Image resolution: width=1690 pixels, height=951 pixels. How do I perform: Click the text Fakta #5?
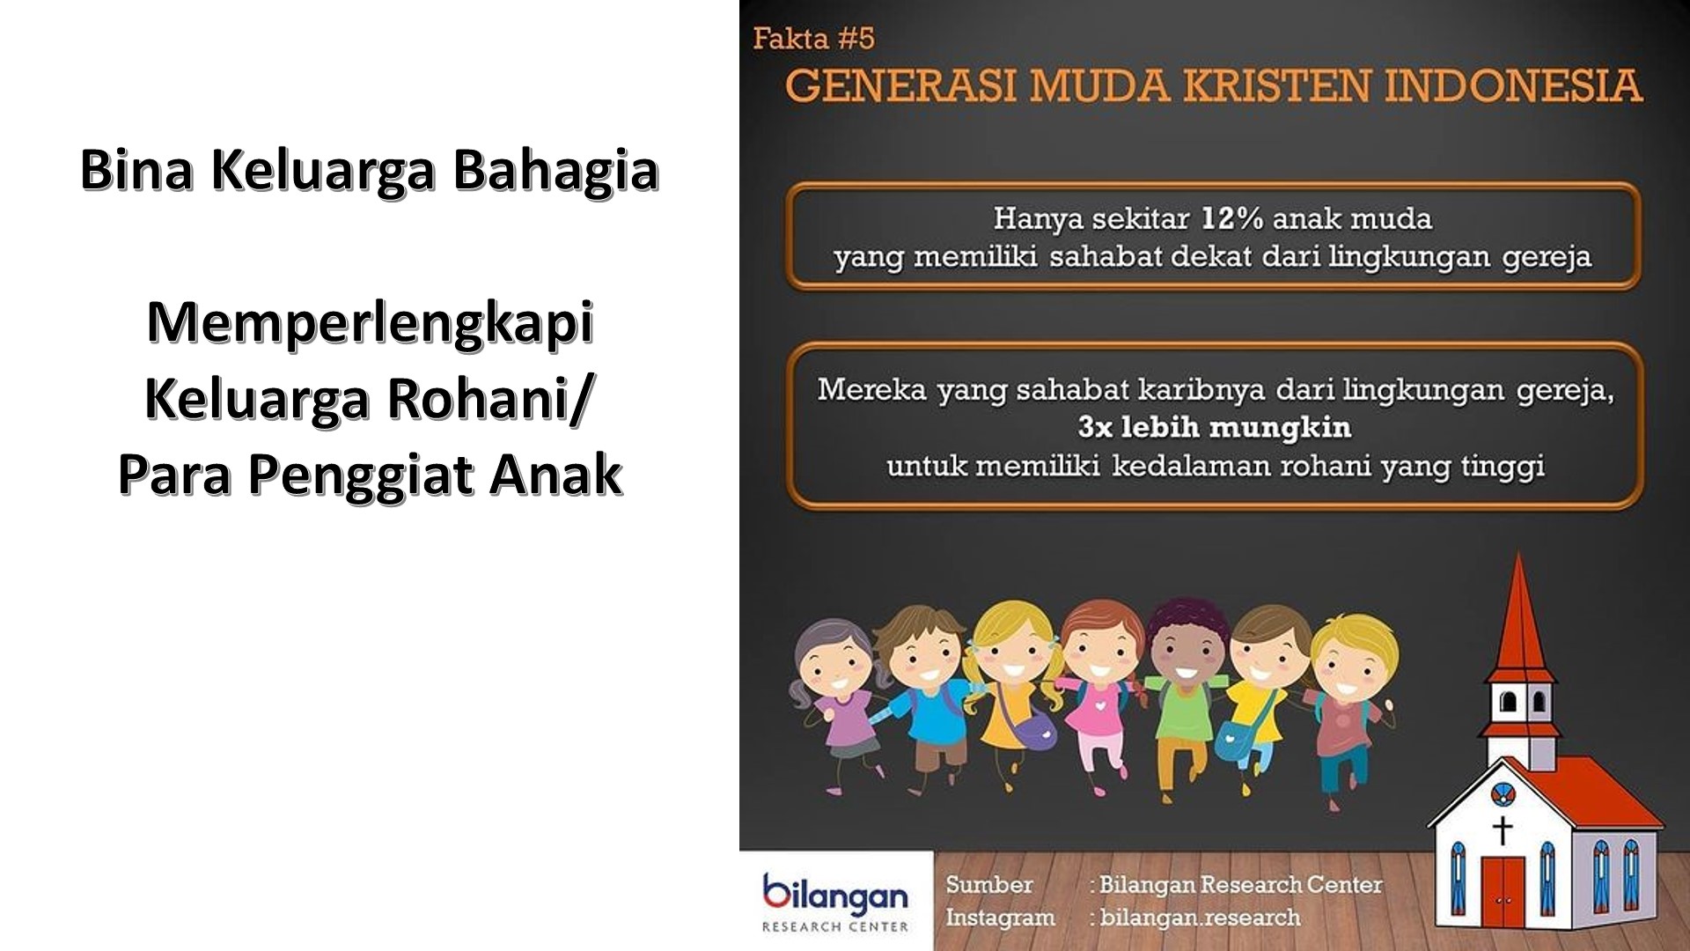[x=813, y=39]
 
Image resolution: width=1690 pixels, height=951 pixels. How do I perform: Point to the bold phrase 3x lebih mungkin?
[x=1214, y=427]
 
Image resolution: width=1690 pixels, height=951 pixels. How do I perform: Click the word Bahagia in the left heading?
[x=555, y=170]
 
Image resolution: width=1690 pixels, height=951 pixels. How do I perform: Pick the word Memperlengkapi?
[x=370, y=322]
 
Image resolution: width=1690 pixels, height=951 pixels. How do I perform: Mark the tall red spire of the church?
[x=1520, y=625]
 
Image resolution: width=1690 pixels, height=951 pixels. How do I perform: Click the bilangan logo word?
[x=835, y=896]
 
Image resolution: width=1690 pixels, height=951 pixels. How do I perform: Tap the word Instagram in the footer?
[x=1000, y=918]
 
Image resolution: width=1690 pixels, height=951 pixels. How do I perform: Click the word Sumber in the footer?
[x=989, y=884]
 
